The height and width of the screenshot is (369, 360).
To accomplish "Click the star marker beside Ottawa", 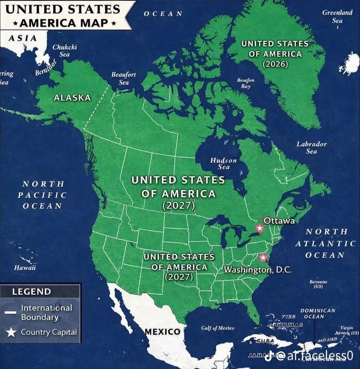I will click(x=260, y=228).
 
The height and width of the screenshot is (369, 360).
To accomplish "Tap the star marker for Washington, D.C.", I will click(x=263, y=258).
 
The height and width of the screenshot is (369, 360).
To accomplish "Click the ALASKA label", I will click(x=72, y=98).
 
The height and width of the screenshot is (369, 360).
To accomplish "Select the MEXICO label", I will click(x=163, y=332).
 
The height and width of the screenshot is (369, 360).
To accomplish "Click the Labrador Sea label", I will click(x=311, y=148).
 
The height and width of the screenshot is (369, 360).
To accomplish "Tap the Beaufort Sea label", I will click(x=124, y=78).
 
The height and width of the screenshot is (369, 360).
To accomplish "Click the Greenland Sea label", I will click(x=337, y=16).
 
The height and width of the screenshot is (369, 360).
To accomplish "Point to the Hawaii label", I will click(x=25, y=268).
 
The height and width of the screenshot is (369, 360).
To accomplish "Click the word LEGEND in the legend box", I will click(x=32, y=292).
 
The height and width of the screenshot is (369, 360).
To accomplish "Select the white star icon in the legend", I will click(x=12, y=332).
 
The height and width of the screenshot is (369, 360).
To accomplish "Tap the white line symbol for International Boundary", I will click(x=11, y=313).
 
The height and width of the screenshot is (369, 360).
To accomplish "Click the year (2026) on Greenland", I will click(x=275, y=64).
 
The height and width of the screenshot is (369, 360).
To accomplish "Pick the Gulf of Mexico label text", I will click(x=218, y=328).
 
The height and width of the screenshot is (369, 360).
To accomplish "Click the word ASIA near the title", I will click(x=22, y=38).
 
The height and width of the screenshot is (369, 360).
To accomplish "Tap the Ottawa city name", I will click(x=279, y=221).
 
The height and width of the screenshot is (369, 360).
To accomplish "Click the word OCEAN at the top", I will click(x=163, y=13).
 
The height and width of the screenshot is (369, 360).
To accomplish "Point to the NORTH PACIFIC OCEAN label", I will click(x=43, y=195).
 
